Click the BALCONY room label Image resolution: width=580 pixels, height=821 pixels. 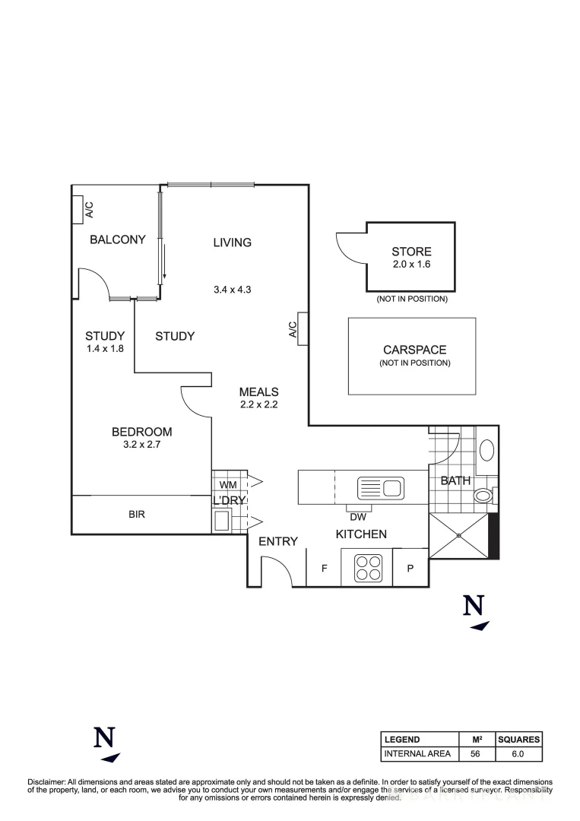pos(117,239)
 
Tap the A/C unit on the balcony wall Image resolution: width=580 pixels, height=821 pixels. pos(78,210)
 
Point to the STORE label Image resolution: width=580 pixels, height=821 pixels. pos(411,252)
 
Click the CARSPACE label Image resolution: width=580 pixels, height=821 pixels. pos(414,350)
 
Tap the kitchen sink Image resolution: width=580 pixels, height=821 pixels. pos(379,487)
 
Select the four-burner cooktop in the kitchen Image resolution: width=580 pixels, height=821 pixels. pos(367,567)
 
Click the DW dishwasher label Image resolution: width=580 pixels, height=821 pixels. pos(358,516)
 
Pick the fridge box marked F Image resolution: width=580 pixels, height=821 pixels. pos(324,568)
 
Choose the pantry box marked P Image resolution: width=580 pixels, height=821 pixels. pos(410,568)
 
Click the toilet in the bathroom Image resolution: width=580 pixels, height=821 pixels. pos(483,496)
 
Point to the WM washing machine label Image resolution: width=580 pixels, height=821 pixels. pos(227,484)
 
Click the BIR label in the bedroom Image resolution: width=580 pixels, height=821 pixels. pos(137,514)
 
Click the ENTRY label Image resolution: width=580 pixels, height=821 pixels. pos(277,541)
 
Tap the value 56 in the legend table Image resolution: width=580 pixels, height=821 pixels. pos(475,754)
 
